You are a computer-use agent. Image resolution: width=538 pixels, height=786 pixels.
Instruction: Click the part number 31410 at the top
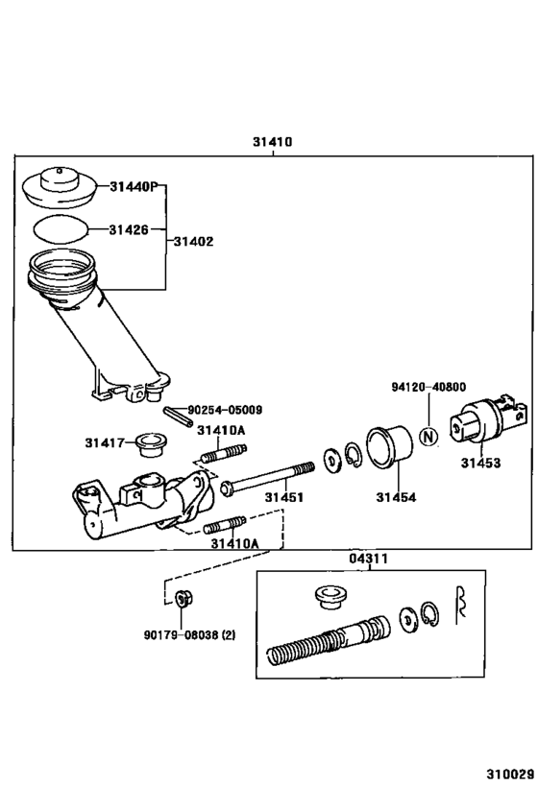tap(272, 141)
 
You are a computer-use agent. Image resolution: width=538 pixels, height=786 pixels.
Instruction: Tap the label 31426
tap(128, 229)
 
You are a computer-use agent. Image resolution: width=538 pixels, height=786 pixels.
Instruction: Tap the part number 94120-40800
tap(428, 387)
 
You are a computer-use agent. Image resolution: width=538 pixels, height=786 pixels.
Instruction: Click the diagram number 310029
tap(509, 771)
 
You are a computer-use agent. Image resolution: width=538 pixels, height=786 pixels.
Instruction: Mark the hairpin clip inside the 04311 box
tap(459, 602)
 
